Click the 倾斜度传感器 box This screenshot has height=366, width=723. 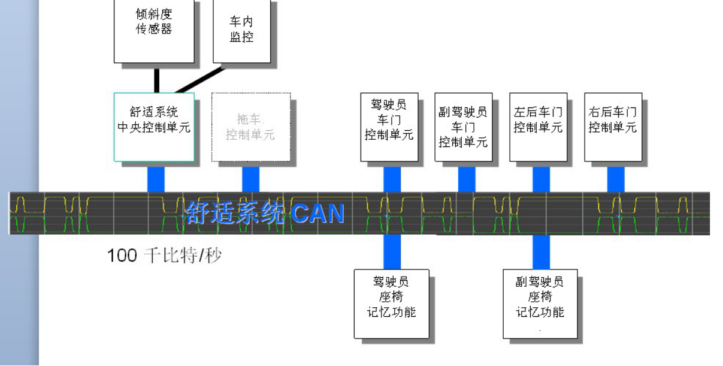pyautogui.click(x=154, y=30)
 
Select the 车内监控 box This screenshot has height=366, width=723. pyautogui.click(x=241, y=30)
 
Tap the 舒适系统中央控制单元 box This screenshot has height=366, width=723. pyautogui.click(x=154, y=127)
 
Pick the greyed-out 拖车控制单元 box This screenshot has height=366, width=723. pyautogui.click(x=250, y=127)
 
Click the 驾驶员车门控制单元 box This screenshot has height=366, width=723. pyautogui.click(x=389, y=127)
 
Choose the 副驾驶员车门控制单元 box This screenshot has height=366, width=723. pyautogui.click(x=463, y=127)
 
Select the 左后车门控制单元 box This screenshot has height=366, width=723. pyautogui.click(x=538, y=127)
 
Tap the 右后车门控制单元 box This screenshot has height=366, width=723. pyautogui.click(x=613, y=127)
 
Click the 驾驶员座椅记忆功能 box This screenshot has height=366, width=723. pyautogui.click(x=391, y=304)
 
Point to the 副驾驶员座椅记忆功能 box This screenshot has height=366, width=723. pyautogui.click(x=540, y=304)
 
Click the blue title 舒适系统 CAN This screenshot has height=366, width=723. pyautogui.click(x=265, y=214)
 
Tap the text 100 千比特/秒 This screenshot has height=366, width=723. pyautogui.click(x=164, y=256)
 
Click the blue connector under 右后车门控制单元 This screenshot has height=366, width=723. pyautogui.click(x=616, y=179)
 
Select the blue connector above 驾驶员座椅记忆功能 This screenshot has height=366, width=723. pyautogui.click(x=392, y=251)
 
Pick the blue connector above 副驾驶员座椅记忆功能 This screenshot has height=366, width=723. pyautogui.click(x=542, y=251)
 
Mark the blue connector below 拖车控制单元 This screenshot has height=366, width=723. pyautogui.click(x=251, y=179)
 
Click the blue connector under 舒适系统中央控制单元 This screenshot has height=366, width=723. pyautogui.click(x=156, y=179)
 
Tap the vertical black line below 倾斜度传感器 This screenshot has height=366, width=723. pyautogui.click(x=156, y=78)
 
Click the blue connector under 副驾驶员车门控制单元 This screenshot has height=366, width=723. pyautogui.click(x=467, y=179)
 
